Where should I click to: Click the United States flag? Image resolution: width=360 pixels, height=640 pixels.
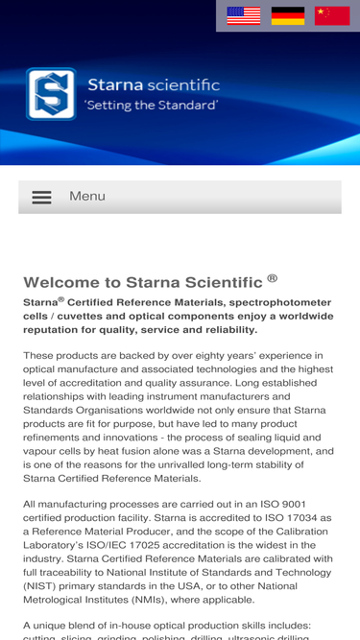click(x=244, y=15)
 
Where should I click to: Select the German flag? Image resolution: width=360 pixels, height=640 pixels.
click(x=288, y=15)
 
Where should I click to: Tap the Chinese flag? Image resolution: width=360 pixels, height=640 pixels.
click(x=332, y=15)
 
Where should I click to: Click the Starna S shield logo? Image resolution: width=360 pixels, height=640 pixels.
click(x=51, y=93)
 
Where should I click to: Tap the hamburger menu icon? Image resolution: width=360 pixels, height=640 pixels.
click(x=41, y=197)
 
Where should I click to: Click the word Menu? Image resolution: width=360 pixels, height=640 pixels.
click(x=87, y=196)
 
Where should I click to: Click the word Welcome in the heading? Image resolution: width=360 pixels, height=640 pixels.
click(x=59, y=282)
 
